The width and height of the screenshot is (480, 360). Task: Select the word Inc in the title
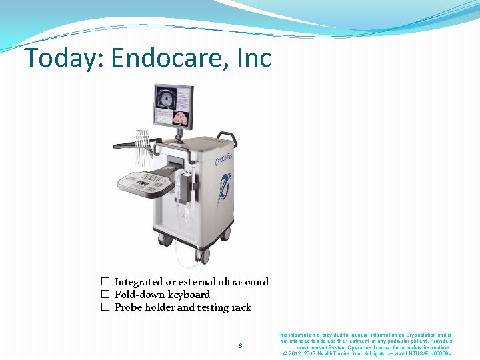(255, 59)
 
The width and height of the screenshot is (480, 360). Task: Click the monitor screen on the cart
(172, 106)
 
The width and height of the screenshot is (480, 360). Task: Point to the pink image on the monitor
(181, 117)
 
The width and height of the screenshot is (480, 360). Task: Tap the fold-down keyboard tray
(143, 180)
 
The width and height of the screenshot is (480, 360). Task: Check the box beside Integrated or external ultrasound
(105, 282)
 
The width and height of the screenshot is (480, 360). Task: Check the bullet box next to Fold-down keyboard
(105, 295)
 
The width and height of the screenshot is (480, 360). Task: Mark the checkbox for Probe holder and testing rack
(105, 307)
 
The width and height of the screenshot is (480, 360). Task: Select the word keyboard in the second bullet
(189, 295)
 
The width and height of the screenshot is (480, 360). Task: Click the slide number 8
(241, 345)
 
